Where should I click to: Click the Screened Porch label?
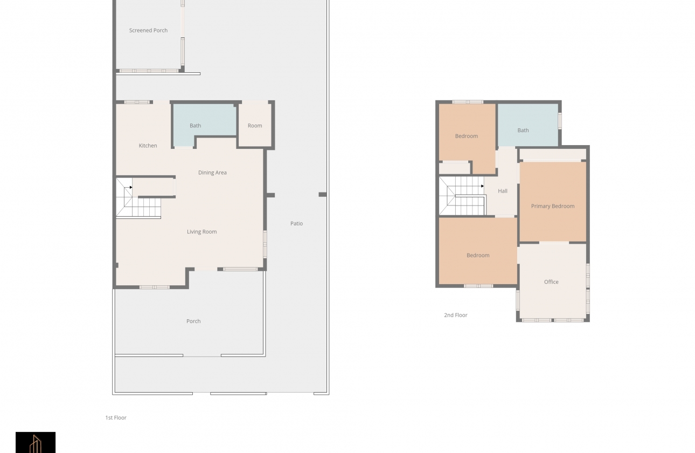148,30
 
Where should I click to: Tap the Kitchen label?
148,146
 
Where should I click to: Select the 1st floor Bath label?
195,126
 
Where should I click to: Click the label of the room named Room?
255,126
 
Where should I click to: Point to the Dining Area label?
212,173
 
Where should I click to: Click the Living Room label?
201,231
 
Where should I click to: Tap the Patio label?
296,224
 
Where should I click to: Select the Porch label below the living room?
193,321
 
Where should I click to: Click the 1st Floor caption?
116,417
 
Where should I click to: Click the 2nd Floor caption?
455,315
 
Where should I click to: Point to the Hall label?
503,191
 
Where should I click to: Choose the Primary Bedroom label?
553,206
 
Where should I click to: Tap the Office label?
551,282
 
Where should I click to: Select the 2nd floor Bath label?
523,131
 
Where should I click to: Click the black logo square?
36,442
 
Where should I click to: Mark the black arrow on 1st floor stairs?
131,187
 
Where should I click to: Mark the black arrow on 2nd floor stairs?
483,186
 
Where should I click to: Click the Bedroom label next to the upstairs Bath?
467,136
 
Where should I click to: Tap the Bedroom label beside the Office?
478,255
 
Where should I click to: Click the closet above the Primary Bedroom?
553,154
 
